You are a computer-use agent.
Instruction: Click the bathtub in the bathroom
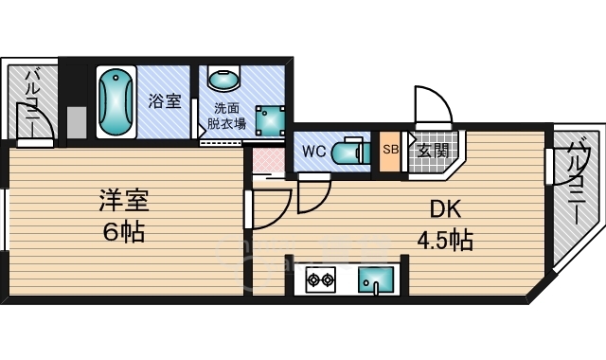click(116, 102)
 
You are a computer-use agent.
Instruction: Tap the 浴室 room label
click(165, 101)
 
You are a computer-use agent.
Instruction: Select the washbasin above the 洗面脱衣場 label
click(224, 78)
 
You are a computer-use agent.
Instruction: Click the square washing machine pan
click(270, 120)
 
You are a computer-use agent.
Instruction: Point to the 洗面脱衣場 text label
click(227, 116)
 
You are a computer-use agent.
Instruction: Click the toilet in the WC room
click(351, 152)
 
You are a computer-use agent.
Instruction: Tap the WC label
click(313, 152)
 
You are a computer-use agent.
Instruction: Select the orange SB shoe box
click(390, 152)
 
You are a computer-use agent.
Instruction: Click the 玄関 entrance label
click(434, 151)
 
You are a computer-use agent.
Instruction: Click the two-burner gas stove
click(321, 279)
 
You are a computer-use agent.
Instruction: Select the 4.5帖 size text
click(445, 240)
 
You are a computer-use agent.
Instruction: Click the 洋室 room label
click(124, 200)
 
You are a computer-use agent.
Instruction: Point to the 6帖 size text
click(124, 231)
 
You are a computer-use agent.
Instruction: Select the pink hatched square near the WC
click(269, 160)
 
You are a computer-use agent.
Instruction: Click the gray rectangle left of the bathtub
click(77, 122)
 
